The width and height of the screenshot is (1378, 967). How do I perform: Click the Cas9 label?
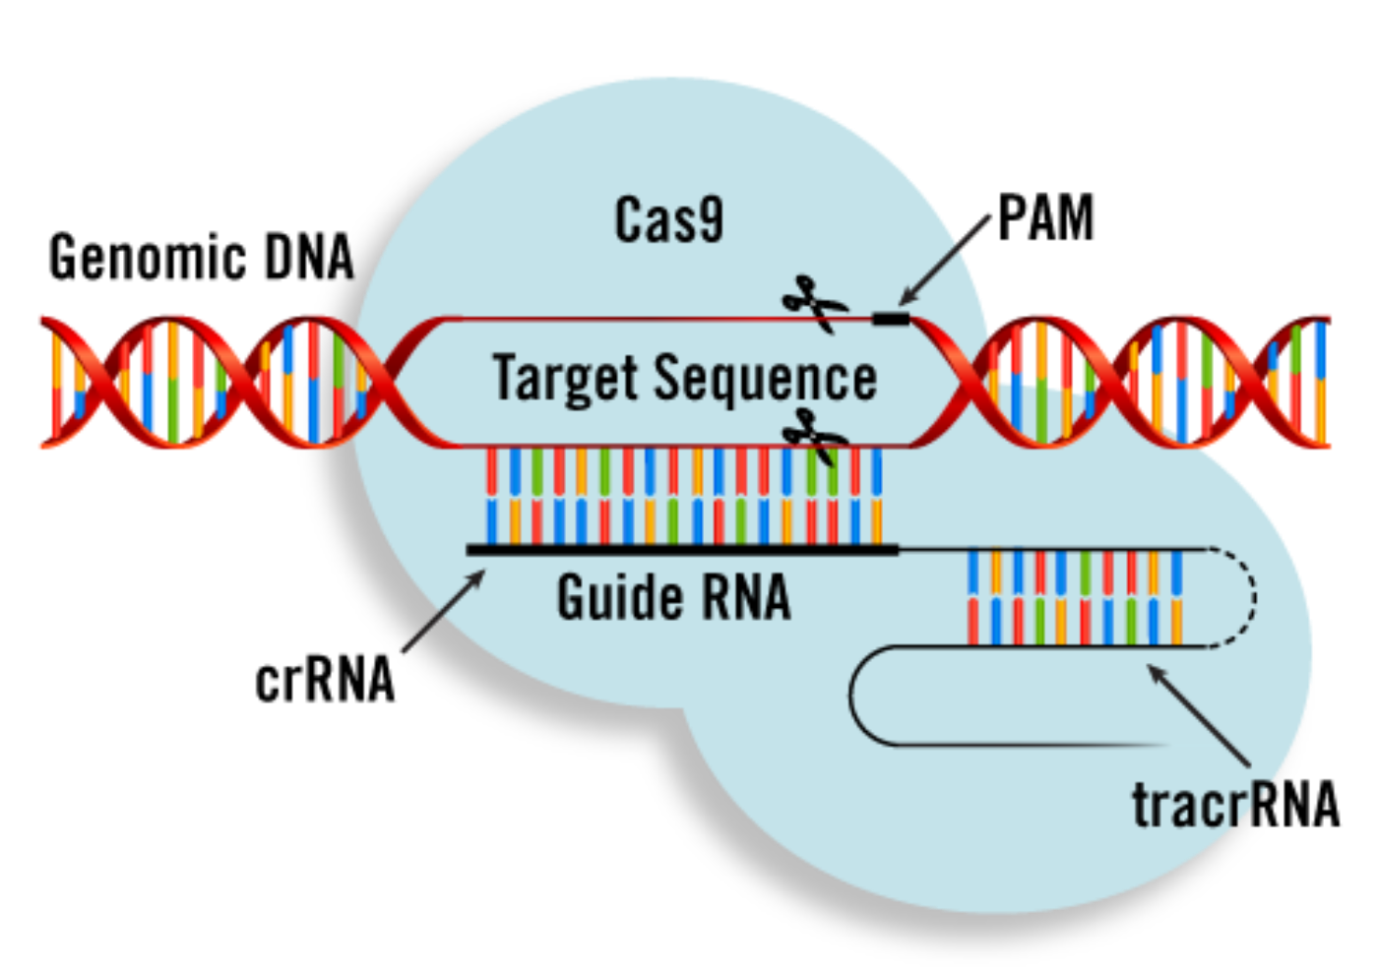(x=669, y=220)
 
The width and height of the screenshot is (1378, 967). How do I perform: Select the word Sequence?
(x=765, y=380)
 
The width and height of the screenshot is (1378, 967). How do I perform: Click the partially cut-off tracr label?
(x=1196, y=805)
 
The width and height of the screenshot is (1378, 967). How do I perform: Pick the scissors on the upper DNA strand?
(x=814, y=302)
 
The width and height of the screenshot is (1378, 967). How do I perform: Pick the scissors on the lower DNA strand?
(x=814, y=435)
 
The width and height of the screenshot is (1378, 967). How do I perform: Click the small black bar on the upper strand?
(x=891, y=318)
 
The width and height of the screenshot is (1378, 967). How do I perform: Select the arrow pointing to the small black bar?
(x=945, y=260)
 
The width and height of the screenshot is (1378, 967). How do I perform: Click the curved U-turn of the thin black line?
(x=854, y=695)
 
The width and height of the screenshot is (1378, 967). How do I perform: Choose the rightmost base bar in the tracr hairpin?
(x=1177, y=596)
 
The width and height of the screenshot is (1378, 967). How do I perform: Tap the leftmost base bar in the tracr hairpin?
(x=973, y=596)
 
